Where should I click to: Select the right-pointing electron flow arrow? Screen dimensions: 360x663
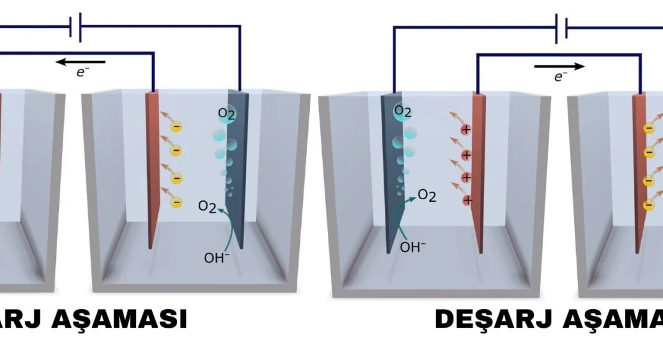tap(559, 65)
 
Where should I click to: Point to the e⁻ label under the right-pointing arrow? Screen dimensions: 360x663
tap(561, 76)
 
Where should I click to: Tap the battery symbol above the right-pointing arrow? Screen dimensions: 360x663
tap(561, 28)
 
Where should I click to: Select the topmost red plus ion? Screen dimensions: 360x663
tap(466, 129)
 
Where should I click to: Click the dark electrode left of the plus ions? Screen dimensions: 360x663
tap(393, 174)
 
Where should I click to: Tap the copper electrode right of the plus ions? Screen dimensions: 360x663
tap(477, 174)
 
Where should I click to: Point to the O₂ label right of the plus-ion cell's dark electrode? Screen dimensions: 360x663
tap(426, 196)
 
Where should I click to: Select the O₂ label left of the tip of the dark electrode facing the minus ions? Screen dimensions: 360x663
tap(207, 206)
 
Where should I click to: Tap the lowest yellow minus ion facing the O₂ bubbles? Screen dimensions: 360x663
tap(177, 202)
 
